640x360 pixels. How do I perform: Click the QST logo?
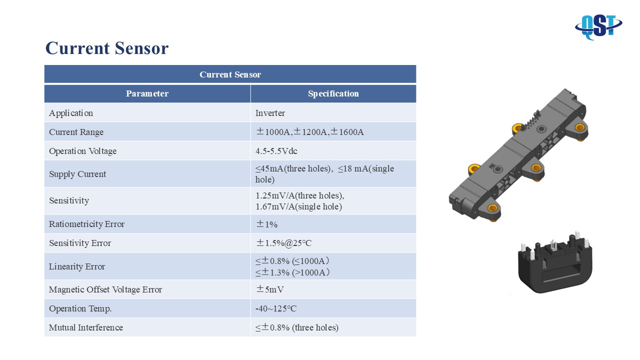pyautogui.click(x=598, y=27)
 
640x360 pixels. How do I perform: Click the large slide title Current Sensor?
pyautogui.click(x=107, y=48)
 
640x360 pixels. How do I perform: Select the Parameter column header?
pyautogui.click(x=147, y=93)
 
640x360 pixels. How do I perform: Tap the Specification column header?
pyautogui.click(x=333, y=93)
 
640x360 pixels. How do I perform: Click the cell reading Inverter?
pyautogui.click(x=270, y=113)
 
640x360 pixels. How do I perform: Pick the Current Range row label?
pyautogui.click(x=76, y=132)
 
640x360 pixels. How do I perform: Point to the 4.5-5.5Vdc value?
pyautogui.click(x=276, y=151)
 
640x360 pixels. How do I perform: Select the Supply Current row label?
pyautogui.click(x=77, y=174)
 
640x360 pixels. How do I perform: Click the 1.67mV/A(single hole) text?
pyautogui.click(x=298, y=206)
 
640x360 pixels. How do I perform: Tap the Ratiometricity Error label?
pyautogui.click(x=86, y=224)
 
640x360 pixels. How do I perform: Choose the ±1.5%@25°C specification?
pyautogui.click(x=283, y=243)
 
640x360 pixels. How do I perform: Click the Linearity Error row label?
pyautogui.click(x=77, y=266)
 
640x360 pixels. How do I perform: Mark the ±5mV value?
pyautogui.click(x=269, y=289)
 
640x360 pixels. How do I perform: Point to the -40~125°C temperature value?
pyautogui.click(x=276, y=308)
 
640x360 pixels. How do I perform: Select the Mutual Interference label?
pyautogui.click(x=86, y=327)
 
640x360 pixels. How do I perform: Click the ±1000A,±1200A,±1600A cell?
pyautogui.click(x=309, y=132)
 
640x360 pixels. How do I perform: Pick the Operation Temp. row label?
pyautogui.click(x=80, y=309)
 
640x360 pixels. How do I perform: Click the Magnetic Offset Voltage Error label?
pyautogui.click(x=105, y=289)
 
